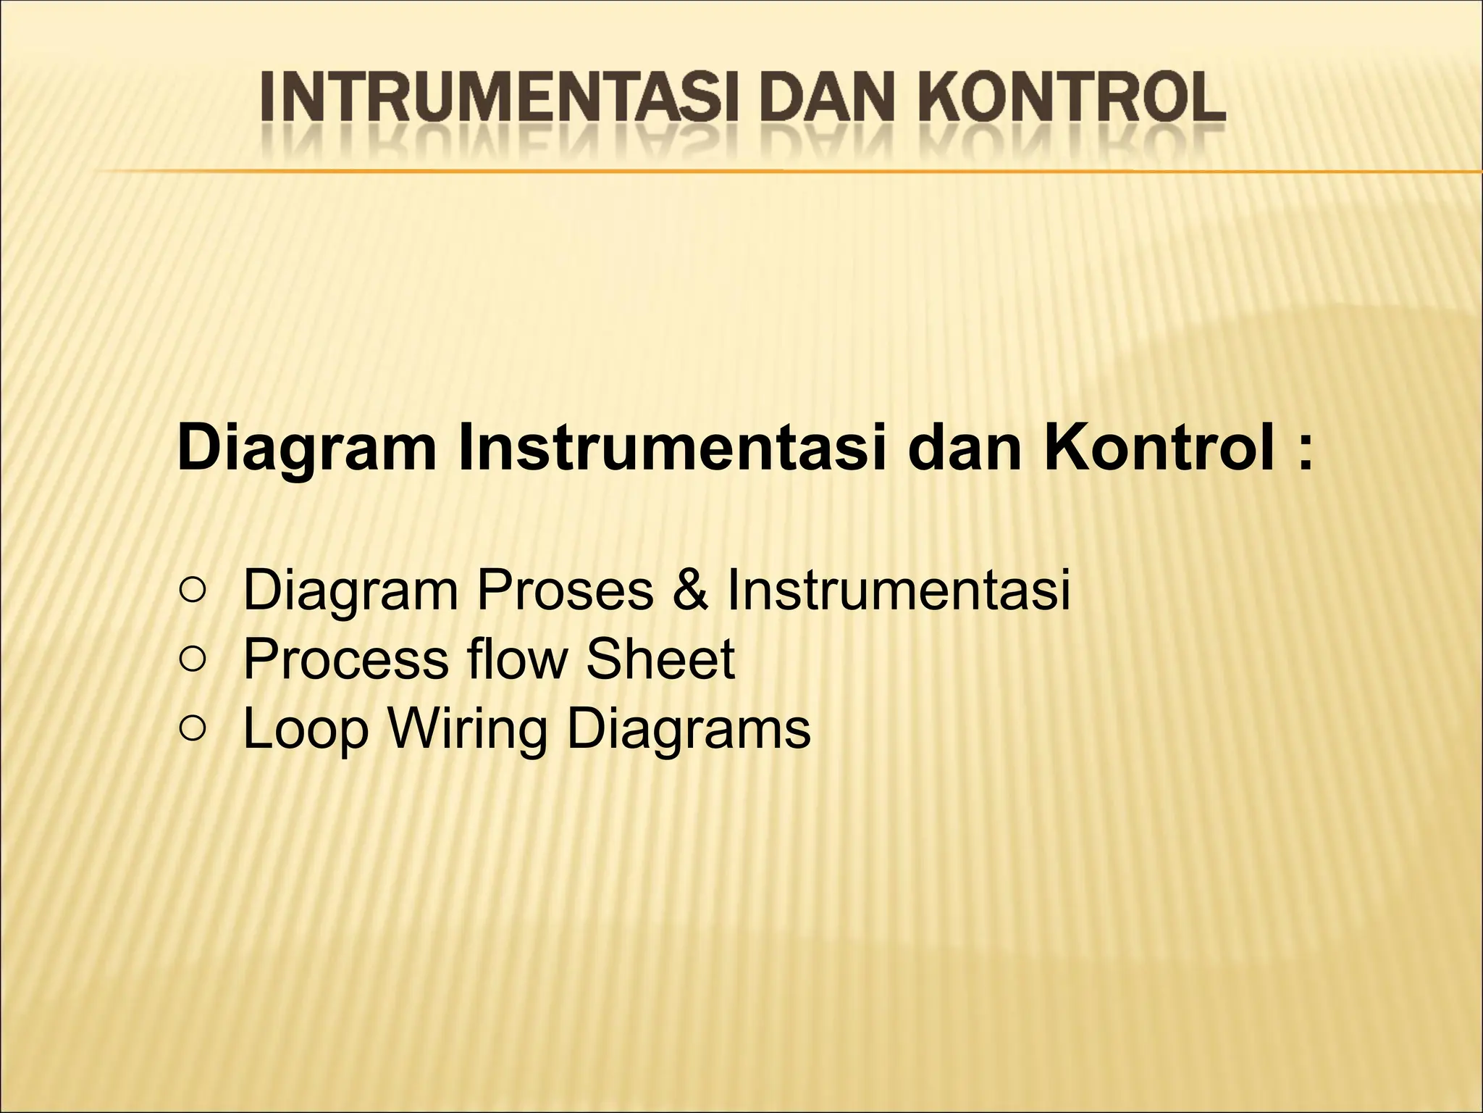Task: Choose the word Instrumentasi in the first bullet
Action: point(899,591)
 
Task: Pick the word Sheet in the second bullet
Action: point(660,659)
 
